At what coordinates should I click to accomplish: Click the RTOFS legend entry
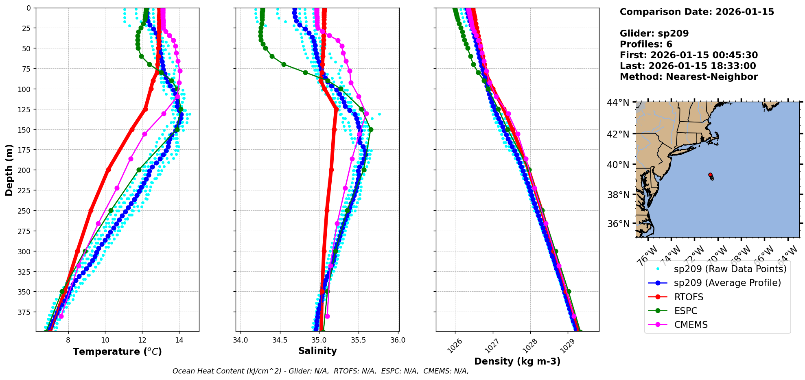[x=688, y=297]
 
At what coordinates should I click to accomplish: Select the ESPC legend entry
[x=685, y=311]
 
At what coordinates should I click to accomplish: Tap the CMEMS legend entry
[x=691, y=325]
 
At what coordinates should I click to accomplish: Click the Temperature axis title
[x=117, y=352]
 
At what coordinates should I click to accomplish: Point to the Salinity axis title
[x=317, y=351]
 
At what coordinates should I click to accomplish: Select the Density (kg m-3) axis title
[x=517, y=361]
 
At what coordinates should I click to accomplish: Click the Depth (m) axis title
[x=9, y=170]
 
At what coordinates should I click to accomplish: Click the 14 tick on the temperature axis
[x=179, y=340]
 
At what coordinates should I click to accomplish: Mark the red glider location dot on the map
[x=710, y=175]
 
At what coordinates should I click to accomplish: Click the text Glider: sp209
[x=654, y=33]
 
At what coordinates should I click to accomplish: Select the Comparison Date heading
[x=697, y=12]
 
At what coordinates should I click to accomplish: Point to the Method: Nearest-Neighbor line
[x=689, y=76]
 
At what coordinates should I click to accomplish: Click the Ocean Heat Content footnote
[x=320, y=371]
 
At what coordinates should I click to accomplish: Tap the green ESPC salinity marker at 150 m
[x=371, y=130]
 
